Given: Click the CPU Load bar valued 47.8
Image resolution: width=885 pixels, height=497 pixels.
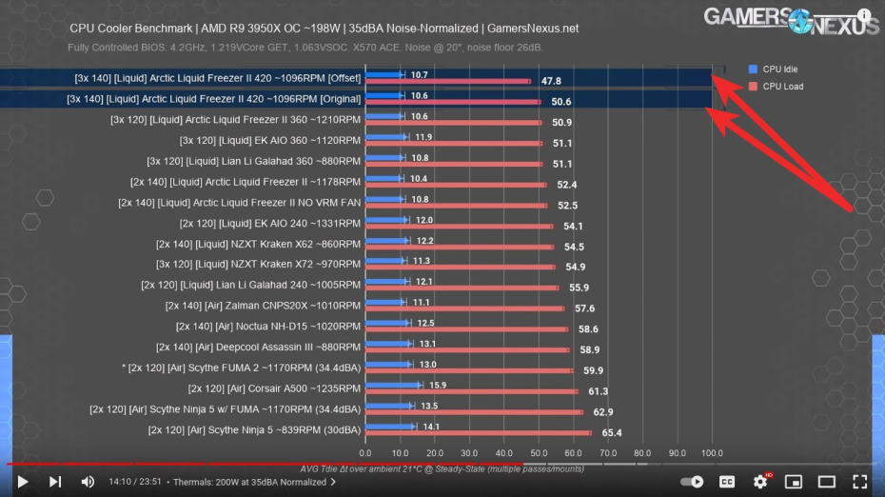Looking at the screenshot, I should tap(447, 81).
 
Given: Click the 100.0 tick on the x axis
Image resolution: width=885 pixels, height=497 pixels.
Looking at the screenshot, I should tap(712, 453).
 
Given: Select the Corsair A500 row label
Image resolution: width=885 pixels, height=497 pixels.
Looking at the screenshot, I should tap(274, 388).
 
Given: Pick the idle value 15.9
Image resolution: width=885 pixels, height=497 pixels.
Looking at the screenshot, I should tap(438, 386).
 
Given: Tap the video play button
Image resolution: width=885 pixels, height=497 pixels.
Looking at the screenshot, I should tap(23, 482).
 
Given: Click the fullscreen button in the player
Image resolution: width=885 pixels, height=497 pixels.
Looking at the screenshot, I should tap(858, 482).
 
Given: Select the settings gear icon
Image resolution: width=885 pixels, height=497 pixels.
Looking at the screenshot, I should tap(759, 482).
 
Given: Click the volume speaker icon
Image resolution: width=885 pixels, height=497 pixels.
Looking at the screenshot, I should tap(88, 482).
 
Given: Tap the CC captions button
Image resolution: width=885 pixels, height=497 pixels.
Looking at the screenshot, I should tap(726, 482).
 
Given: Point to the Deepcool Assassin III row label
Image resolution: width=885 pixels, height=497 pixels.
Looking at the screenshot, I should tap(258, 347).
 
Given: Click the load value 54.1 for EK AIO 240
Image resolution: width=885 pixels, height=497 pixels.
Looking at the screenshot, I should tap(574, 226).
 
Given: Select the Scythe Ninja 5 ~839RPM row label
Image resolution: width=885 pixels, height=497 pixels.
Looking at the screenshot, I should tap(254, 430).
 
